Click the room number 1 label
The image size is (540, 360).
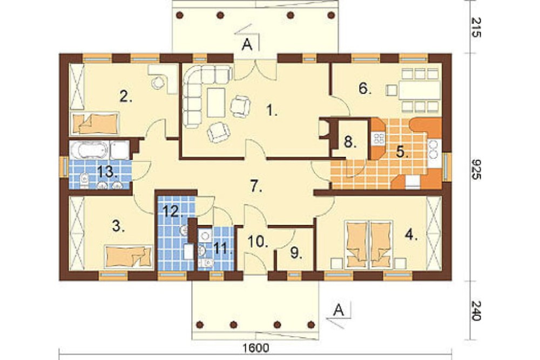(272, 111)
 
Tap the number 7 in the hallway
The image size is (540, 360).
(256, 186)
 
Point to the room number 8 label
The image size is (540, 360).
(350, 142)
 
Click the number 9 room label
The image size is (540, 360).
(296, 253)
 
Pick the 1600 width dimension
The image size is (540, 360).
(255, 348)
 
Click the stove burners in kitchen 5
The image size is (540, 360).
(379, 138)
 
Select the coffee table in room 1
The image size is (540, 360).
(216, 102)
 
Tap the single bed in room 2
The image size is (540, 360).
(94, 123)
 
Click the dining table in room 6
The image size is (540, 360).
(419, 90)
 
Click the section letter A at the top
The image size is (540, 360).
(247, 45)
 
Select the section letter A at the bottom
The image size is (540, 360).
(339, 310)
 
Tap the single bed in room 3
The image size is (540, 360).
(129, 257)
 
